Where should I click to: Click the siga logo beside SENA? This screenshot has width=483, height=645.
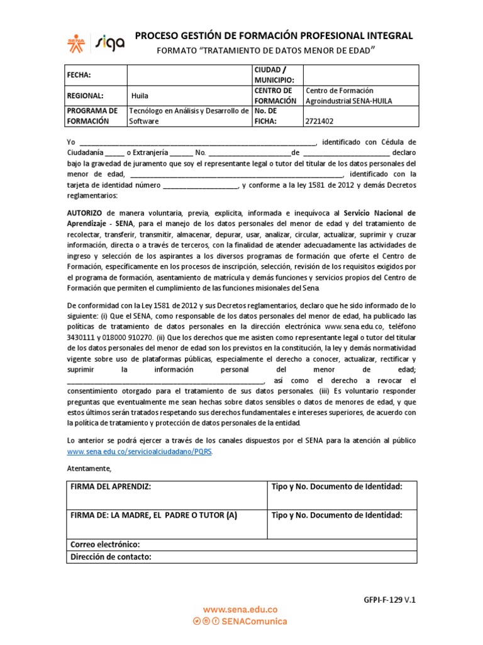[110, 42]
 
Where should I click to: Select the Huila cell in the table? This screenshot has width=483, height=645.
[140, 96]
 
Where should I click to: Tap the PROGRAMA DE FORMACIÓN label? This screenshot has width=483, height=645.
[91, 116]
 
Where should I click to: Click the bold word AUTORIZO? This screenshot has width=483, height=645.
[86, 214]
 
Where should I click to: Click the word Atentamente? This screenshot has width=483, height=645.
[89, 469]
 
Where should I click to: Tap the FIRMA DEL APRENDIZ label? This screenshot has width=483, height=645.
[111, 487]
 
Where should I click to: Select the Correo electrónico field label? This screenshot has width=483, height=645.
[105, 544]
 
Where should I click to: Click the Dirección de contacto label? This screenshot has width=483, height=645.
[111, 557]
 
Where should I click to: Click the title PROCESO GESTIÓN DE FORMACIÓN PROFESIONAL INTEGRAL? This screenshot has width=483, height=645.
[274, 36]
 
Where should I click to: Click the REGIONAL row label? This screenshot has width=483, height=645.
[85, 96]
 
